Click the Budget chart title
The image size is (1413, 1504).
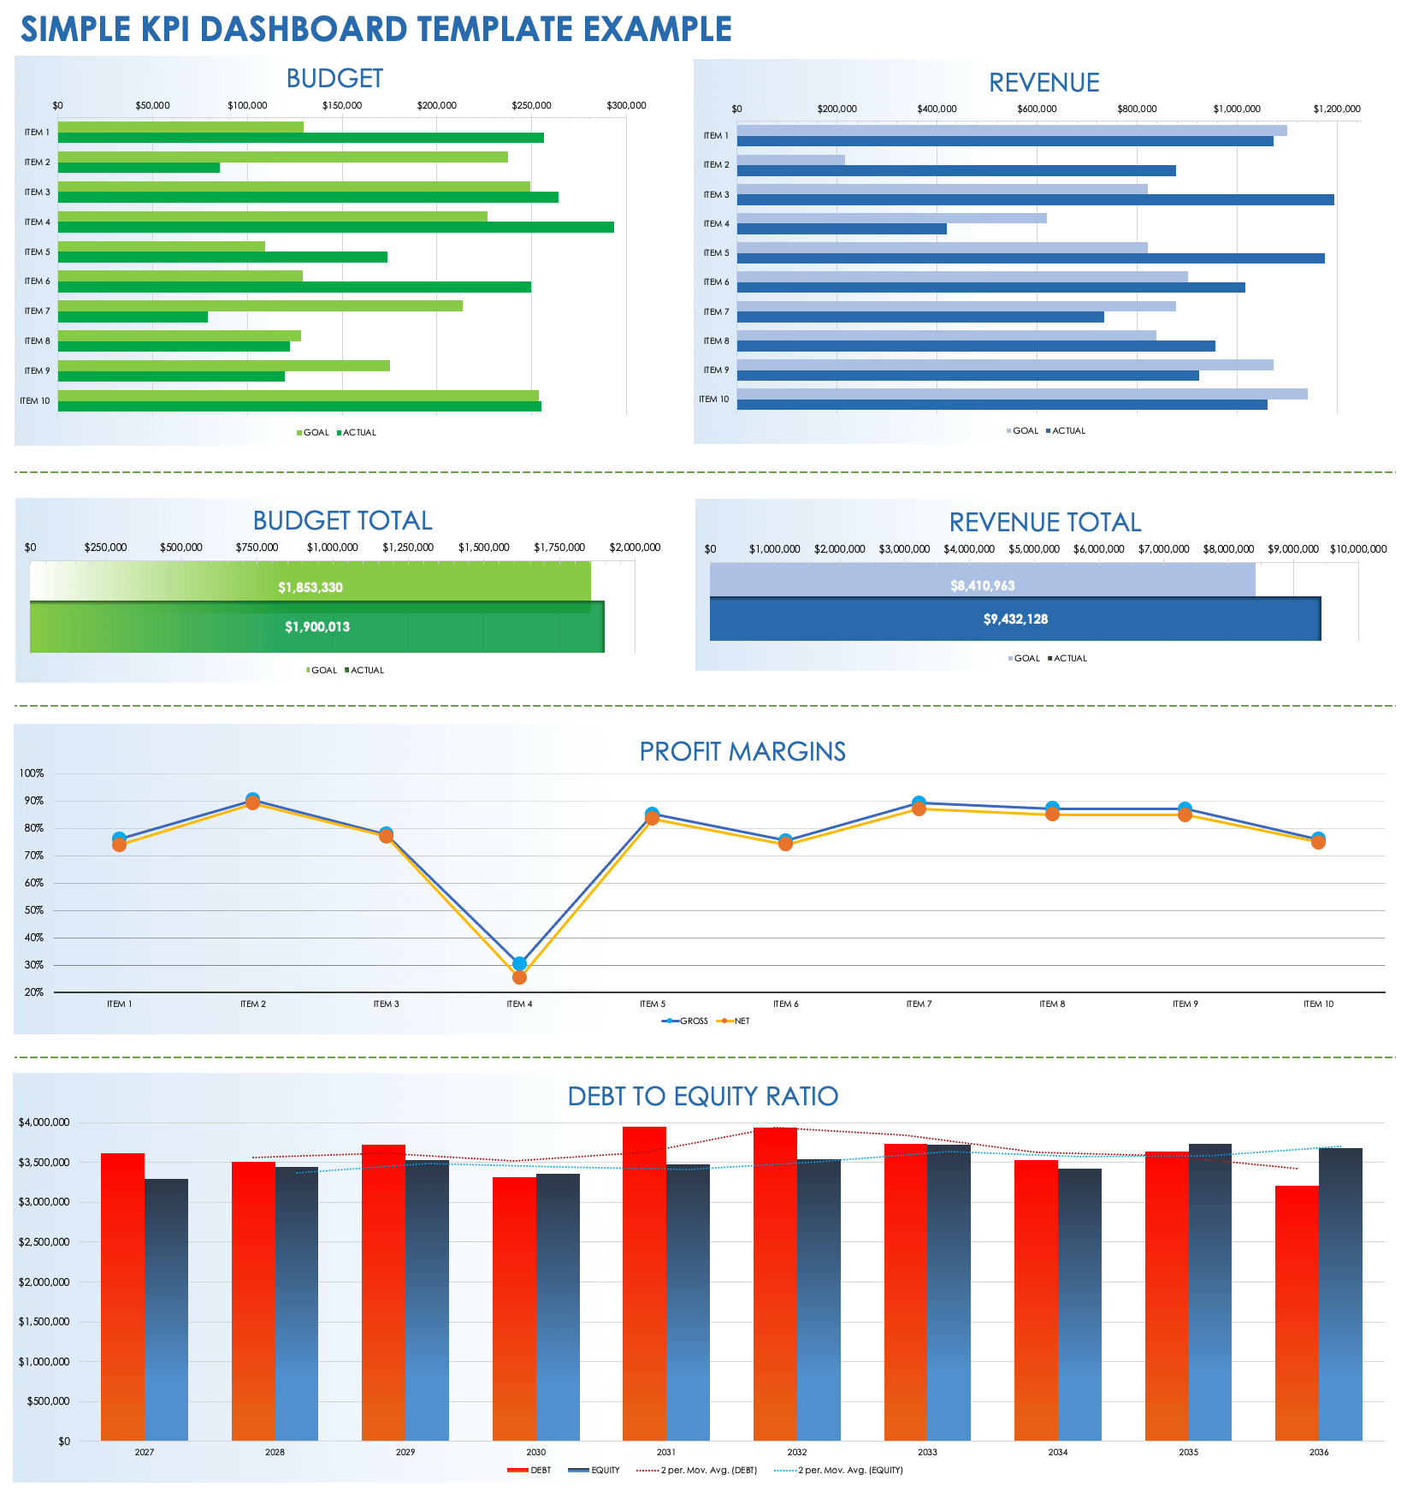(x=334, y=79)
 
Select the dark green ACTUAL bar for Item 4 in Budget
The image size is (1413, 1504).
(x=335, y=228)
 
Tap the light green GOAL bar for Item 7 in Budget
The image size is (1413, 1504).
(x=260, y=305)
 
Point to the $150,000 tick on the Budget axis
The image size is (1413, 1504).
(x=341, y=106)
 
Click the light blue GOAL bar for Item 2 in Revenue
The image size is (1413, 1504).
(x=790, y=160)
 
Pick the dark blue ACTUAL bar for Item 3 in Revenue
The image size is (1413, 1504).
(x=1035, y=200)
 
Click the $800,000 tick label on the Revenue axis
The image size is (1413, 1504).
(x=1137, y=110)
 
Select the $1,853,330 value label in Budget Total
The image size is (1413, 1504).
(x=310, y=588)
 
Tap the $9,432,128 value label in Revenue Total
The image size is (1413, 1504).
(x=1015, y=619)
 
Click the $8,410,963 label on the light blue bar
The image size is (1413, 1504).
(x=982, y=586)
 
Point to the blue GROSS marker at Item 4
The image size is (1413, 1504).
(x=519, y=963)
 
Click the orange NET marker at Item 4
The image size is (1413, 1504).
(x=519, y=977)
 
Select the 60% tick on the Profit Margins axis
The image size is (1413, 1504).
(x=34, y=883)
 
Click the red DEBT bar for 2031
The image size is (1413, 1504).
(x=644, y=1283)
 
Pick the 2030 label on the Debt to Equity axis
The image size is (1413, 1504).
(x=535, y=1452)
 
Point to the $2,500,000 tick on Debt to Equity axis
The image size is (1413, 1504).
(x=44, y=1242)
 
